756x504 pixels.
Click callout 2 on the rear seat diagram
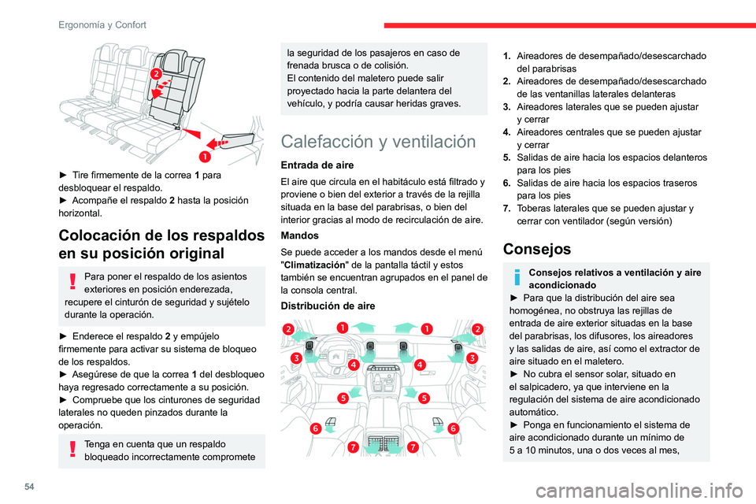click(157, 73)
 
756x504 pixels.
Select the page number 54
click(17, 480)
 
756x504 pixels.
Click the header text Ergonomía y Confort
click(102, 24)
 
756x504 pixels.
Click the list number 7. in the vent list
click(509, 209)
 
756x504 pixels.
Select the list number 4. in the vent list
click(509, 132)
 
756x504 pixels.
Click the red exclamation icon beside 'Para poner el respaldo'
click(71, 280)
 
